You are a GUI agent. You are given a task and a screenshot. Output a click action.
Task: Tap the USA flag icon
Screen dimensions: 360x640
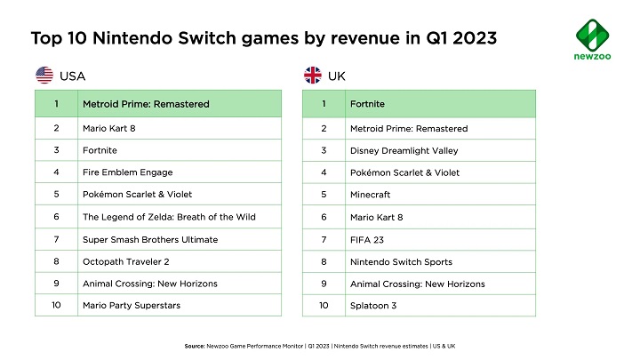(44, 76)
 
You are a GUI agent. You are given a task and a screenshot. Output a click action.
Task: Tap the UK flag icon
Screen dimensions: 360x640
(313, 76)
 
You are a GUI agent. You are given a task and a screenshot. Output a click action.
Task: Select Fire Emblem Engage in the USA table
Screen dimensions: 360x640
(127, 172)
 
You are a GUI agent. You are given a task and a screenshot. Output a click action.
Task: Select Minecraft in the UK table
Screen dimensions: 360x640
(371, 195)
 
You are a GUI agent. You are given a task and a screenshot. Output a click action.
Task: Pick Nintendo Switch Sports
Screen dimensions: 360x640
(402, 261)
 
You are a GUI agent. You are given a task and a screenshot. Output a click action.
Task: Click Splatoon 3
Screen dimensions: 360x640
(372, 306)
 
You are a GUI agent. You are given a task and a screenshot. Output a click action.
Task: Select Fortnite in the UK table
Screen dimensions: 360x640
(368, 104)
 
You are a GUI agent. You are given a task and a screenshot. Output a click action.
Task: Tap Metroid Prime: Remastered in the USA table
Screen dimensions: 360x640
(146, 104)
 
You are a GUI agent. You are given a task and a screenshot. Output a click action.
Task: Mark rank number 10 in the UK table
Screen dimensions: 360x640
(324, 306)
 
